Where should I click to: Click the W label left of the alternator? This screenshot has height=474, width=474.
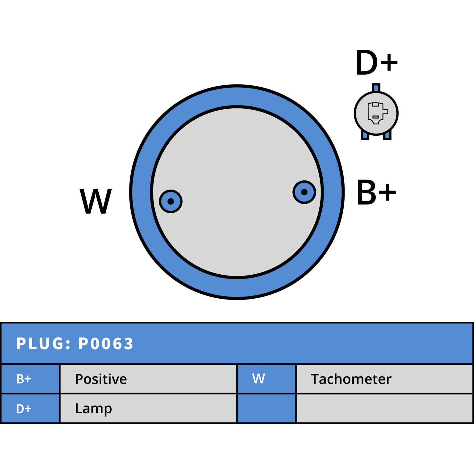[x=96, y=201]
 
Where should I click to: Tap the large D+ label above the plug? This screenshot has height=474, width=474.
[x=377, y=62]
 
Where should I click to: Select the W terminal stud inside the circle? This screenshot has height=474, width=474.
[x=171, y=201]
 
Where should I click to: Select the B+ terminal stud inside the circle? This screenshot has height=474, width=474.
[x=304, y=192]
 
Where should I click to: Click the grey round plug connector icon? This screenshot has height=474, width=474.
[x=376, y=113]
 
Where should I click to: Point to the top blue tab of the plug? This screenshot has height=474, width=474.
[x=376, y=88]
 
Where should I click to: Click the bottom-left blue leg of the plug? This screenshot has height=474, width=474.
[x=365, y=135]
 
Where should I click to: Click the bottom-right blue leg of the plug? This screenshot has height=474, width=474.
[x=387, y=135]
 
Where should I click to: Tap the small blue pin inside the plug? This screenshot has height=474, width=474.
[x=375, y=117]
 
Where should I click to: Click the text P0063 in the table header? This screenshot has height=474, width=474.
[x=106, y=344]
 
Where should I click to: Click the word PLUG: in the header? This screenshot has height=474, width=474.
[x=44, y=344]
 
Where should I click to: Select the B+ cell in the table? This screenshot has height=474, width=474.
[x=30, y=379]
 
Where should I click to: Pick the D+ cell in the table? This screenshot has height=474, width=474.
[x=30, y=409]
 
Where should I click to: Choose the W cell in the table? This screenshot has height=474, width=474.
[x=267, y=379]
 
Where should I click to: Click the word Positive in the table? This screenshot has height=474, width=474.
[x=101, y=379]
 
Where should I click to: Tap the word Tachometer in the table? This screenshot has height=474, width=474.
[x=351, y=379]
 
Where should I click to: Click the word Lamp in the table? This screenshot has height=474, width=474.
[x=94, y=409]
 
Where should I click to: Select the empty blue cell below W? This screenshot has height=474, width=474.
[x=267, y=409]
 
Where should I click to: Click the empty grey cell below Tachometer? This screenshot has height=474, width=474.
[x=385, y=409]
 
